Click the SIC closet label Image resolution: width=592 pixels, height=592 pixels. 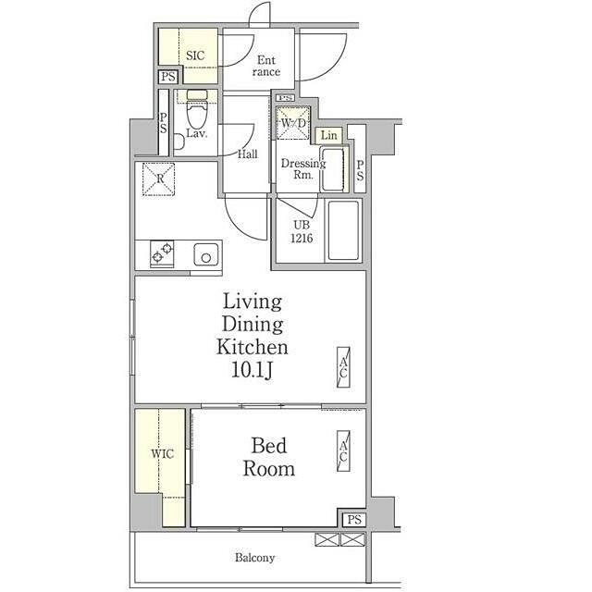(x=195, y=55)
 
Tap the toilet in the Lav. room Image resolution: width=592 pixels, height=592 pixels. (x=197, y=109)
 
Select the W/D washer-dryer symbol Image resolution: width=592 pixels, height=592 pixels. (x=293, y=123)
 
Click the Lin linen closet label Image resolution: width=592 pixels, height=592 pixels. (x=329, y=135)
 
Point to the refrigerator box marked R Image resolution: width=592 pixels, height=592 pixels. (x=158, y=179)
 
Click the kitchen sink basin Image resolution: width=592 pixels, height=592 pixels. (x=206, y=254)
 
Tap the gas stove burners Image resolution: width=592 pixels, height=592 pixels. (x=162, y=253)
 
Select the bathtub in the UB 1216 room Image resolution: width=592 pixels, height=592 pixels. (x=343, y=230)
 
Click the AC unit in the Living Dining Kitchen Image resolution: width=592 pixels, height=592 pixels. (x=343, y=367)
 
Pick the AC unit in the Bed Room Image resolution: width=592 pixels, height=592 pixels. (x=343, y=450)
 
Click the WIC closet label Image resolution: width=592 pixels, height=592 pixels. (x=163, y=453)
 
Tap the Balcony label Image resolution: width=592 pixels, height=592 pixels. (x=255, y=558)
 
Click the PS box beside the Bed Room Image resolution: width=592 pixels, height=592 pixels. (x=354, y=520)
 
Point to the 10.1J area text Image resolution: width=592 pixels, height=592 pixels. (x=252, y=371)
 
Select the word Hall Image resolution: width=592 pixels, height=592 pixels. (x=248, y=154)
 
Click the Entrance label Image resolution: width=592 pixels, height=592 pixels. (x=266, y=66)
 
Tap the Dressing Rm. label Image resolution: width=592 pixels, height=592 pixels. (x=303, y=168)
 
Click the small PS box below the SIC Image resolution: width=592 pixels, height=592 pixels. (x=168, y=77)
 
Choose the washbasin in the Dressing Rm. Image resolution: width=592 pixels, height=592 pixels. (x=332, y=169)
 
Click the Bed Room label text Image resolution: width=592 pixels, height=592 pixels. (x=269, y=457)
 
